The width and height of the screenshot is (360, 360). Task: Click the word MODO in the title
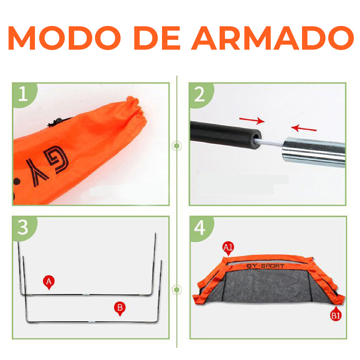pyautogui.click(x=64, y=38)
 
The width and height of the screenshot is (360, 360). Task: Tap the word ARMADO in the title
pyautogui.click(x=273, y=38)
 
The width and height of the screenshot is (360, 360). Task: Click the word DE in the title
pyautogui.click(x=157, y=38)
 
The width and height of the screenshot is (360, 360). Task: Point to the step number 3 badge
pyautogui.click(x=24, y=228)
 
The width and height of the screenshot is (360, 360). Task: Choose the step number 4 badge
pyautogui.click(x=200, y=228)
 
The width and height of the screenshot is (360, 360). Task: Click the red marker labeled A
pyautogui.click(x=49, y=282)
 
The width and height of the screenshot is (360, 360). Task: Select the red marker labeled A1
pyautogui.click(x=228, y=248)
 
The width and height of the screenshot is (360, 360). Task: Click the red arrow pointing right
pyautogui.click(x=252, y=120)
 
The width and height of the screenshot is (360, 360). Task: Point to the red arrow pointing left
pyautogui.click(x=304, y=128)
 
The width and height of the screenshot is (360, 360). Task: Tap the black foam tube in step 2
pyautogui.click(x=225, y=133)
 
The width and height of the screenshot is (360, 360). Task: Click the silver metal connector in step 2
pyautogui.click(x=314, y=152)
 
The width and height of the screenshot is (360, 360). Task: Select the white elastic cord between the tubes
pyautogui.click(x=271, y=143)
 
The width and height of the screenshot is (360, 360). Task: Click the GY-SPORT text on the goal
pyautogui.click(x=266, y=266)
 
